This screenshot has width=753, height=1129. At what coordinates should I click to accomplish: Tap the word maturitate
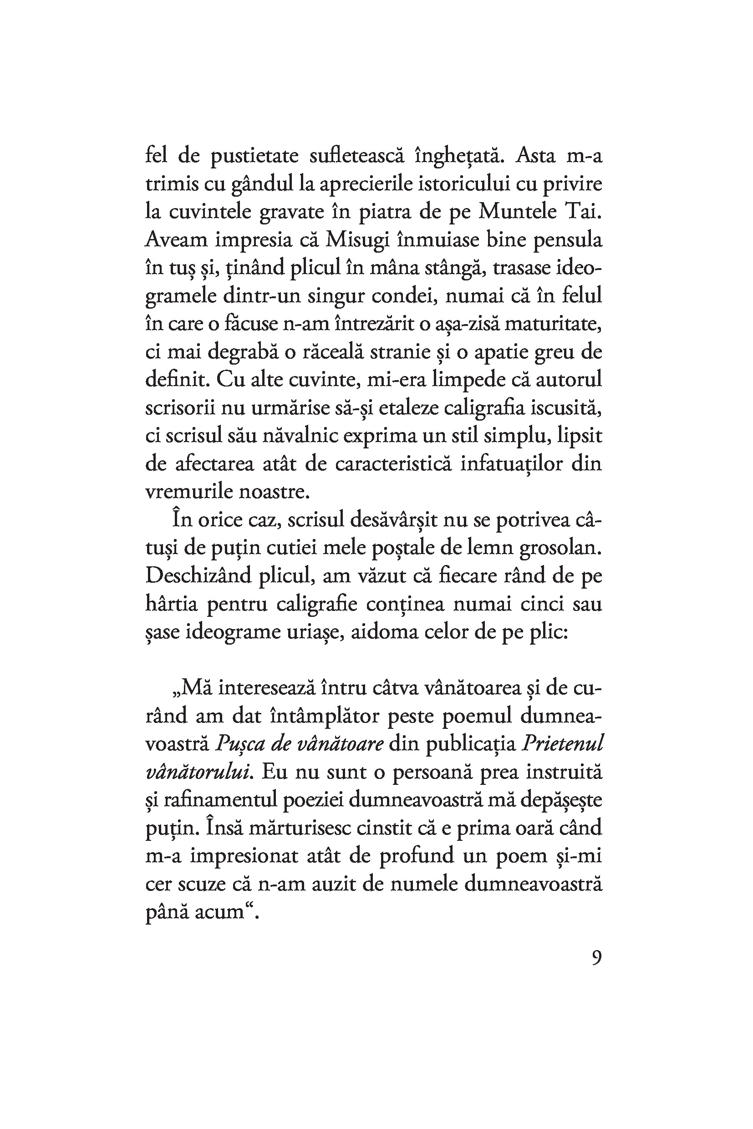[548, 324]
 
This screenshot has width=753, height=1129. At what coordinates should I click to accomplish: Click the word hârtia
[172, 604]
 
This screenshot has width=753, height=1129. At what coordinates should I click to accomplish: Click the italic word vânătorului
[199, 772]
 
